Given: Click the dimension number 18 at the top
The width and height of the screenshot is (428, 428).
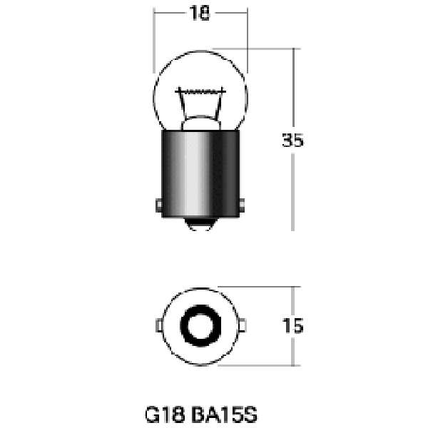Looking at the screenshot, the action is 200,13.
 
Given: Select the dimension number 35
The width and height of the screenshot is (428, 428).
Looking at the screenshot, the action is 292,140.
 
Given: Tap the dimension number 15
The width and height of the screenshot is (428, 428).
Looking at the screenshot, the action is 293,326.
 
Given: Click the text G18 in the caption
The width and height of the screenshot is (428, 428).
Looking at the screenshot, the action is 165,414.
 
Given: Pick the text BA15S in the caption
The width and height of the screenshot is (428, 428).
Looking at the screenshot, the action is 224,414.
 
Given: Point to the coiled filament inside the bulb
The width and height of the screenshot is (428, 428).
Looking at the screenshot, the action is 200,91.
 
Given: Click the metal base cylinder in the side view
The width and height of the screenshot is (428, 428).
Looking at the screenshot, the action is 200,173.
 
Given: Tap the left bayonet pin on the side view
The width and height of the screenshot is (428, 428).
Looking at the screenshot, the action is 159,205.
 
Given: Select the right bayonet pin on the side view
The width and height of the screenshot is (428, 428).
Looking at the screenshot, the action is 242,205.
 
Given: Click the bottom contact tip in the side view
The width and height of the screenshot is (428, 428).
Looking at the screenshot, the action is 199,224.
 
